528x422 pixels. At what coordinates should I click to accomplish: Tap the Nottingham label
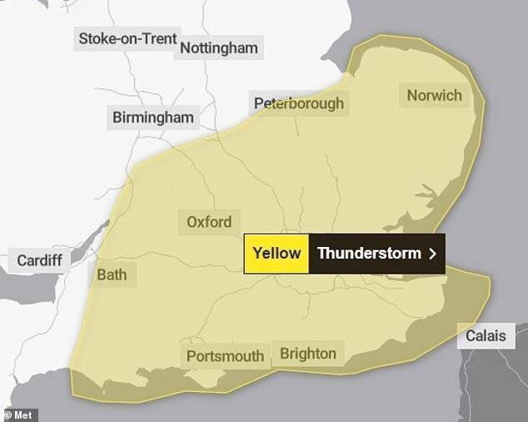click(x=219, y=48)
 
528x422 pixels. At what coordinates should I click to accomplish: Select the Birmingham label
click(x=152, y=118)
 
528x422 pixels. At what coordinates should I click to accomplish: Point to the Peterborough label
click(x=298, y=104)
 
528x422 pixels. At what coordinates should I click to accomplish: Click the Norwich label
click(x=434, y=95)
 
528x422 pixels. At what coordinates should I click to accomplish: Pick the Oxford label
click(x=209, y=223)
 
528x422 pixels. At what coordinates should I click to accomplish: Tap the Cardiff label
click(x=40, y=260)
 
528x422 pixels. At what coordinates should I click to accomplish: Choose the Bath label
click(x=112, y=274)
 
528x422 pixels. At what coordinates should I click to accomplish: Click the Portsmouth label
click(x=225, y=356)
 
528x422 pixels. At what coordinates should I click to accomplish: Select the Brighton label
click(x=308, y=353)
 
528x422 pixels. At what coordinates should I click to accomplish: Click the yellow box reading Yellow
click(x=276, y=253)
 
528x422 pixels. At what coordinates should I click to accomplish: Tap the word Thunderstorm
click(x=369, y=253)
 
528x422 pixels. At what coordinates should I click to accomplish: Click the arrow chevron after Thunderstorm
click(x=432, y=254)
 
